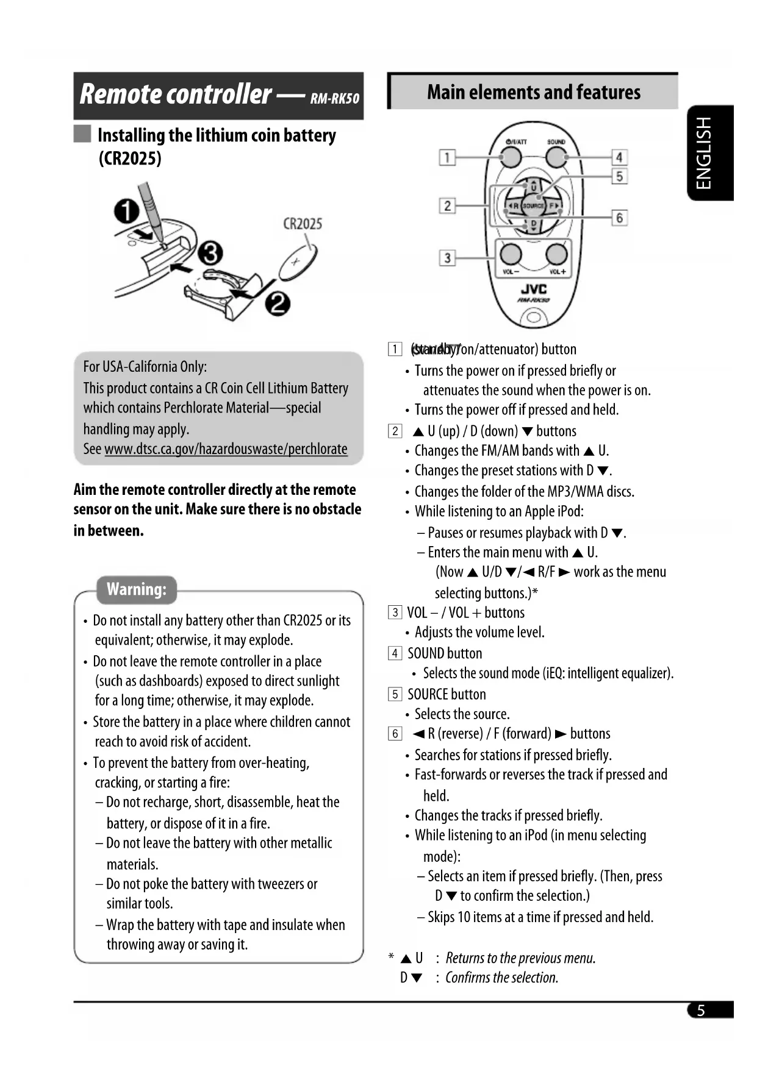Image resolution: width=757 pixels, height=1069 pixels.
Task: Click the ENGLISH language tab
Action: tap(709, 153)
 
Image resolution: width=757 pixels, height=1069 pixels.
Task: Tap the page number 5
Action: tap(701, 1010)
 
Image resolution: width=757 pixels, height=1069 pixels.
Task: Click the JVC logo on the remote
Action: tap(533, 289)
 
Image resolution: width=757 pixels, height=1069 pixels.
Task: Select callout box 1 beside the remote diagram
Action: tap(447, 158)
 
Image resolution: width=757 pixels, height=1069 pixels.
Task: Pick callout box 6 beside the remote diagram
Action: tap(619, 218)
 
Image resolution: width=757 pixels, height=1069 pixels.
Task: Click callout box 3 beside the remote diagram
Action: tap(447, 257)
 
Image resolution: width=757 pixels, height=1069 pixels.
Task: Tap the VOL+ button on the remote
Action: tap(556, 255)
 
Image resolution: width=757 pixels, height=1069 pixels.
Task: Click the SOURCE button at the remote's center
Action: tap(533, 206)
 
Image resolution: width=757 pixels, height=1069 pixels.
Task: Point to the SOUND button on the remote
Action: tap(556, 157)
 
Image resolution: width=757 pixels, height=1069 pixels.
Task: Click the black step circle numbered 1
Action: tap(126, 212)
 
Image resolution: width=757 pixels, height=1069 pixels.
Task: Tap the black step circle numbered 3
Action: tap(210, 252)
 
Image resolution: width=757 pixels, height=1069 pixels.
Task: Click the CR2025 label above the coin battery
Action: tap(303, 224)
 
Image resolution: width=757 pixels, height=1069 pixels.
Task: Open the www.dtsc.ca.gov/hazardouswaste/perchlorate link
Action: tap(226, 449)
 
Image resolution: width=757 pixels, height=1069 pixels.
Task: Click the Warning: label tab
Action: tap(137, 589)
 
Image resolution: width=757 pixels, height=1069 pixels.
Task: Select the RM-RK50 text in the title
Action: tap(335, 99)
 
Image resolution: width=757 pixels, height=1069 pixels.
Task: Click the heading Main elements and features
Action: tap(533, 92)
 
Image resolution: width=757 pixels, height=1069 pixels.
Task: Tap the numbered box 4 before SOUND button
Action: tap(395, 653)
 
